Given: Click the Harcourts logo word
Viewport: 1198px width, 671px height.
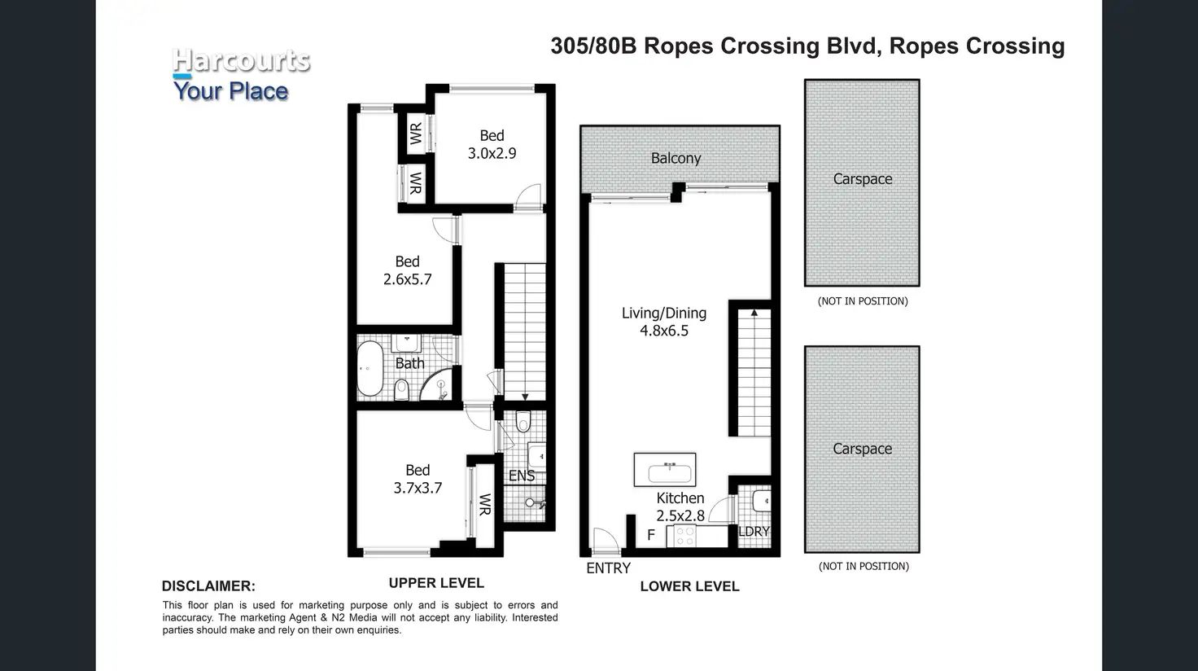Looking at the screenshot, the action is [241, 60].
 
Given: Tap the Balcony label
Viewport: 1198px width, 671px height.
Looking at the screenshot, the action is [676, 159].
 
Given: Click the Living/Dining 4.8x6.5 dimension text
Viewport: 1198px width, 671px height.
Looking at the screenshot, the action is [664, 331].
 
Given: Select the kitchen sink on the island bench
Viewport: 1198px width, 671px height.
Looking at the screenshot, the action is [670, 472].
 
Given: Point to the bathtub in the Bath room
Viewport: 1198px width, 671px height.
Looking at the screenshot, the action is [370, 369].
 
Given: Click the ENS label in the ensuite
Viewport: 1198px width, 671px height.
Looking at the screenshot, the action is [522, 476].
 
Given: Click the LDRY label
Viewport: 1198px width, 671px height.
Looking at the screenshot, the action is [754, 531].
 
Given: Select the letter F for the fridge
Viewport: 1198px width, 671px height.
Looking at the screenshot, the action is [651, 535].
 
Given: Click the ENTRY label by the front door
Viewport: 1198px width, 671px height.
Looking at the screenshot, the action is [608, 568].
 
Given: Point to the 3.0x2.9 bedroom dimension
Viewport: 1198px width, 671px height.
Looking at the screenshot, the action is [492, 154].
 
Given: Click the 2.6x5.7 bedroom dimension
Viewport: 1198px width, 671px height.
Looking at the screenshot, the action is [407, 279].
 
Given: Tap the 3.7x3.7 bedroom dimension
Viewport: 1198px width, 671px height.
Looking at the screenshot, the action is [418, 488].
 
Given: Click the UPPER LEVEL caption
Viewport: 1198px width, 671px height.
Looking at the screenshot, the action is [436, 583].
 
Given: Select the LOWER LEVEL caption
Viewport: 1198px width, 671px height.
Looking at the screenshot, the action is [690, 586].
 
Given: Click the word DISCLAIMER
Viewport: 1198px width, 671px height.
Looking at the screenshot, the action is [208, 586].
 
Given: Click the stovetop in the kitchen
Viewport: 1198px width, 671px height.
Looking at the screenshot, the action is [685, 536].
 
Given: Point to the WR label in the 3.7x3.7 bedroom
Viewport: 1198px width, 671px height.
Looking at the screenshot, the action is [484, 505].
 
